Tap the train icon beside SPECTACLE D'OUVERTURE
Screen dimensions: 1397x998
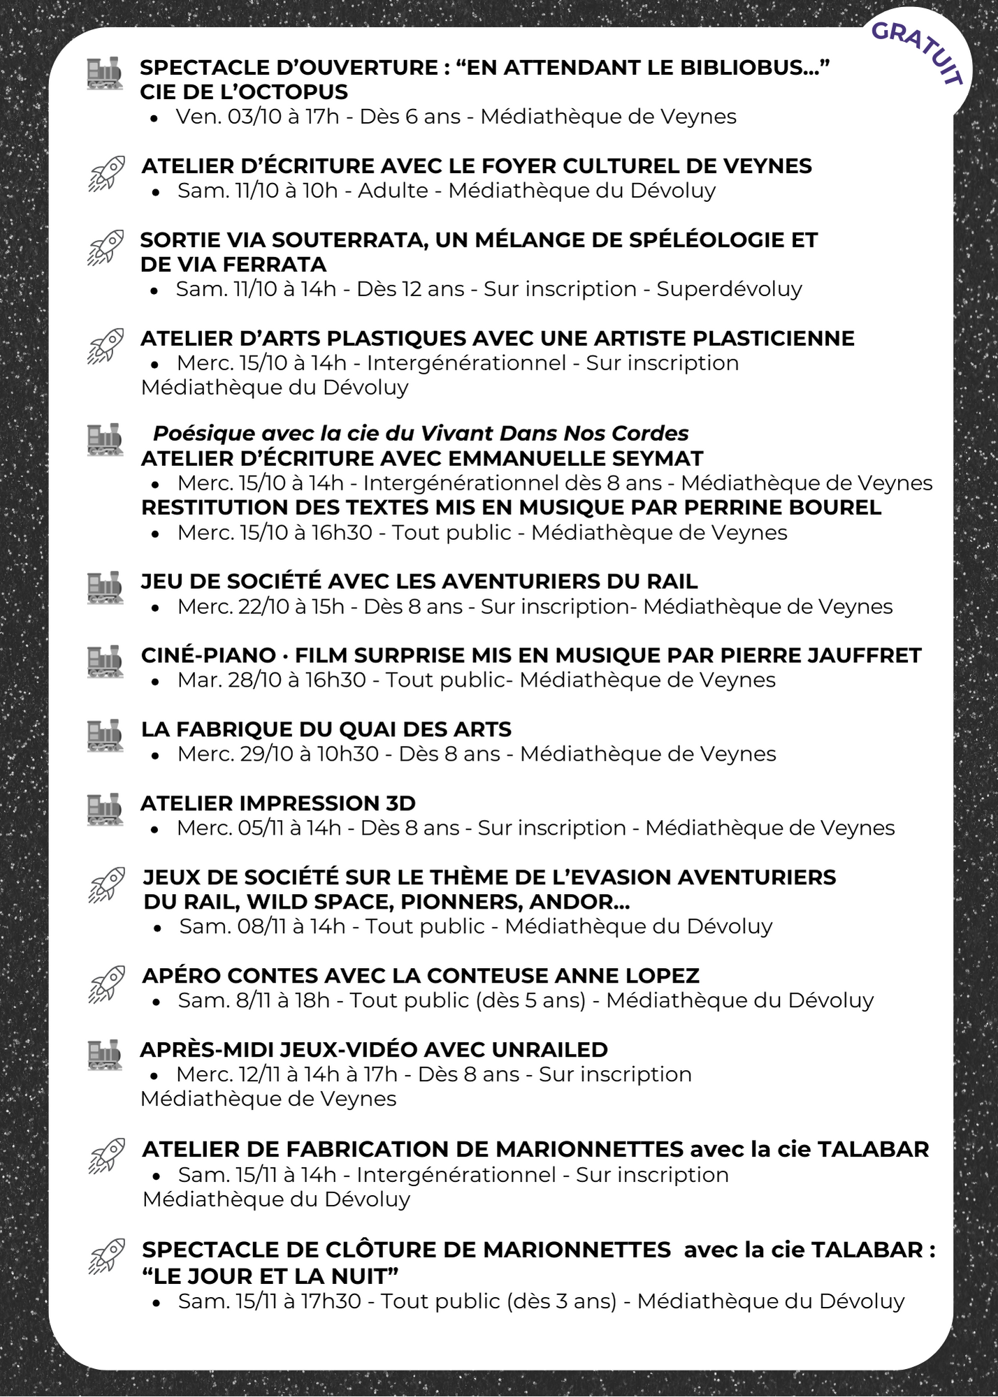pyautogui.click(x=104, y=73)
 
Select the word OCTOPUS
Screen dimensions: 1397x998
pyautogui.click(x=301, y=92)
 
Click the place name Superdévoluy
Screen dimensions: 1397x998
pyautogui.click(x=729, y=289)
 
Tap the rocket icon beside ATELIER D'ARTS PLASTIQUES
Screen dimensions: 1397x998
pyautogui.click(x=106, y=346)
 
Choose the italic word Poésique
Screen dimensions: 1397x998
pyautogui.click(x=203, y=434)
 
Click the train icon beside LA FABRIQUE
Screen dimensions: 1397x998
pyautogui.click(x=105, y=736)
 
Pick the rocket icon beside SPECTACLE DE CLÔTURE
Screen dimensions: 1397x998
pyautogui.click(x=107, y=1257)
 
